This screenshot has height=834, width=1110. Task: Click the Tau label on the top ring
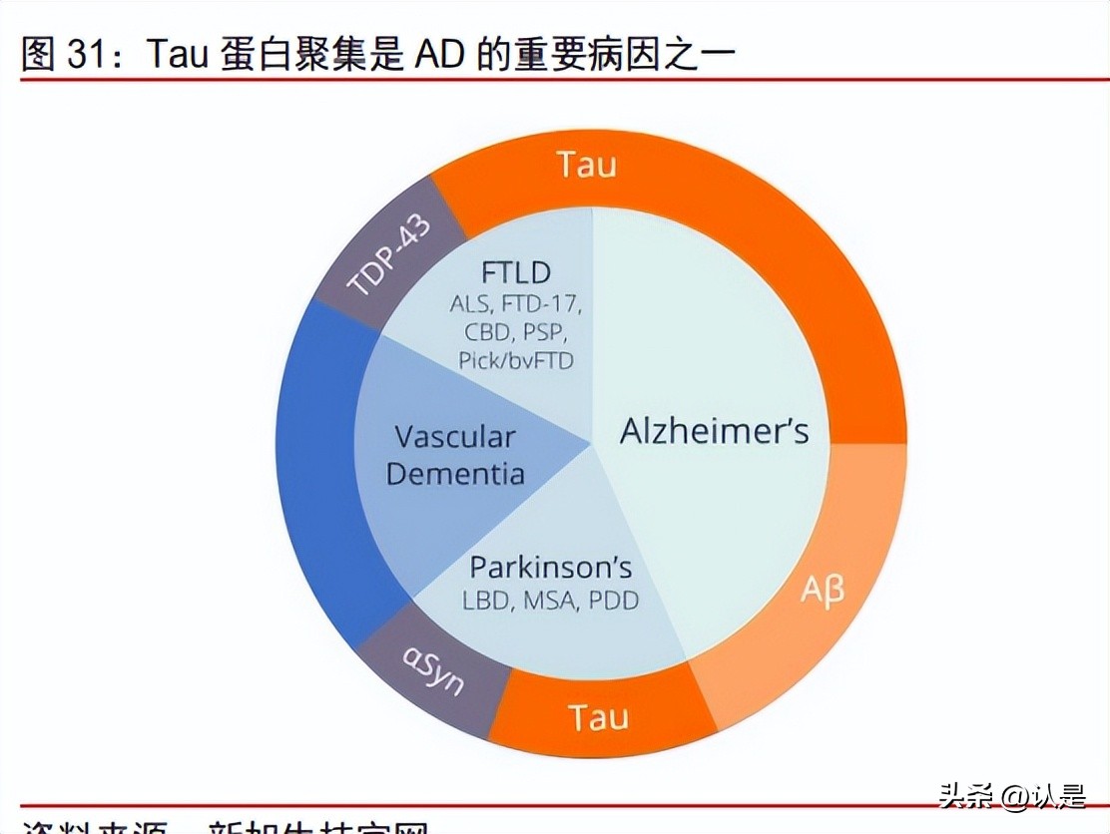[587, 164]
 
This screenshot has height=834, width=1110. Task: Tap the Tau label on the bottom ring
[598, 716]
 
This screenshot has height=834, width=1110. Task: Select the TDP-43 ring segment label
[389, 255]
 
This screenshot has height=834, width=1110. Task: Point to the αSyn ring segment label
[434, 670]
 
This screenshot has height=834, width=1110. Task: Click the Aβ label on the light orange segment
[822, 591]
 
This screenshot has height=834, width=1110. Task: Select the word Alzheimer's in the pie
[714, 431]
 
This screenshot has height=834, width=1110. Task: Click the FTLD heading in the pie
[515, 272]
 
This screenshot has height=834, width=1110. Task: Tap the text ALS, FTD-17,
[515, 304]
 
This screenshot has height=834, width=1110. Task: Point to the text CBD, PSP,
[515, 332]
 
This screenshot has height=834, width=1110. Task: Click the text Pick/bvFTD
[516, 360]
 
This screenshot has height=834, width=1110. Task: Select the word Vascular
[454, 437]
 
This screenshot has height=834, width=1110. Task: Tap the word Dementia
[455, 472]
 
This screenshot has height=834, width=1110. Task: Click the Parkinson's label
[551, 568]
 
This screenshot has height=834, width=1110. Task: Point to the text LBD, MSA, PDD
[550, 601]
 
